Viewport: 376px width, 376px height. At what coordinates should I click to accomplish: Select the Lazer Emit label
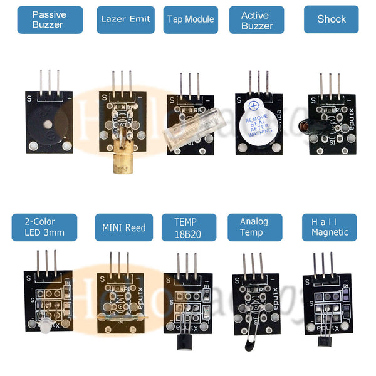pos(125,19)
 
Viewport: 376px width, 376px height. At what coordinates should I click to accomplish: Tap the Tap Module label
pos(191,19)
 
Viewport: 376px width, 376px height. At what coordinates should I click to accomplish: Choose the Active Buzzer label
pos(257,19)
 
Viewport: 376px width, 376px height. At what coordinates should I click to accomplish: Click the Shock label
pos(331,19)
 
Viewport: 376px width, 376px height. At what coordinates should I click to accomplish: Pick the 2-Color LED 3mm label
pos(44,227)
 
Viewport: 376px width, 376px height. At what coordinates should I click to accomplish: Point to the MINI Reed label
pos(124,227)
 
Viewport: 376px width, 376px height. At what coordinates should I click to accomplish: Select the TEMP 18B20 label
pos(189,227)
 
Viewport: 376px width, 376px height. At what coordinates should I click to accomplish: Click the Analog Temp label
pos(253,227)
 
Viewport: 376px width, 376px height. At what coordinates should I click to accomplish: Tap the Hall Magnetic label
pos(329,227)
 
